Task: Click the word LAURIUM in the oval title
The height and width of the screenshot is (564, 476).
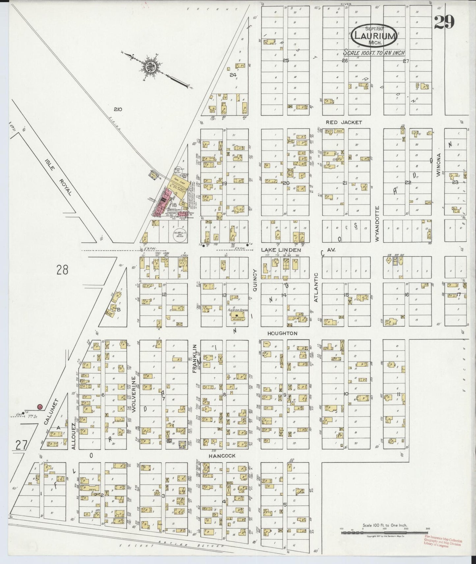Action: pyautogui.click(x=374, y=36)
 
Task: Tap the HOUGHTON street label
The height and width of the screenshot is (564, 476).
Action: pyautogui.click(x=282, y=333)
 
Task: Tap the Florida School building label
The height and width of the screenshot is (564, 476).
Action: pyautogui.click(x=237, y=310)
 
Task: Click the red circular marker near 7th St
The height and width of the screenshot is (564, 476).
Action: pyautogui.click(x=40, y=407)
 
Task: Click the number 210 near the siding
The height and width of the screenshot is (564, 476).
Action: pyautogui.click(x=117, y=109)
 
